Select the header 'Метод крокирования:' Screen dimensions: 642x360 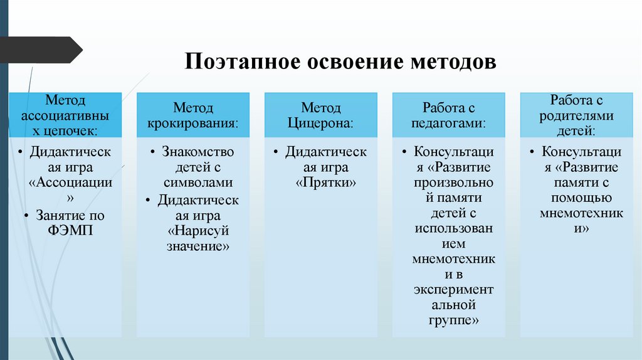click(193, 115)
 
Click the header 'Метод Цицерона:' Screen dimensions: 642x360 click(321, 115)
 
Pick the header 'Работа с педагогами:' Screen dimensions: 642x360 click(449, 115)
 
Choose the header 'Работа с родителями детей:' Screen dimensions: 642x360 click(577, 115)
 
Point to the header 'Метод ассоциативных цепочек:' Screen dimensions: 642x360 click(65, 115)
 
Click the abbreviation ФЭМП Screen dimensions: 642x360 click(70, 230)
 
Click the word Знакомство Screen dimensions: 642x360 click(198, 152)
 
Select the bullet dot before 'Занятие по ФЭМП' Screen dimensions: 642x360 click(28, 216)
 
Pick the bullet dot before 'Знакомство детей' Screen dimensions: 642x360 click(154, 153)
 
